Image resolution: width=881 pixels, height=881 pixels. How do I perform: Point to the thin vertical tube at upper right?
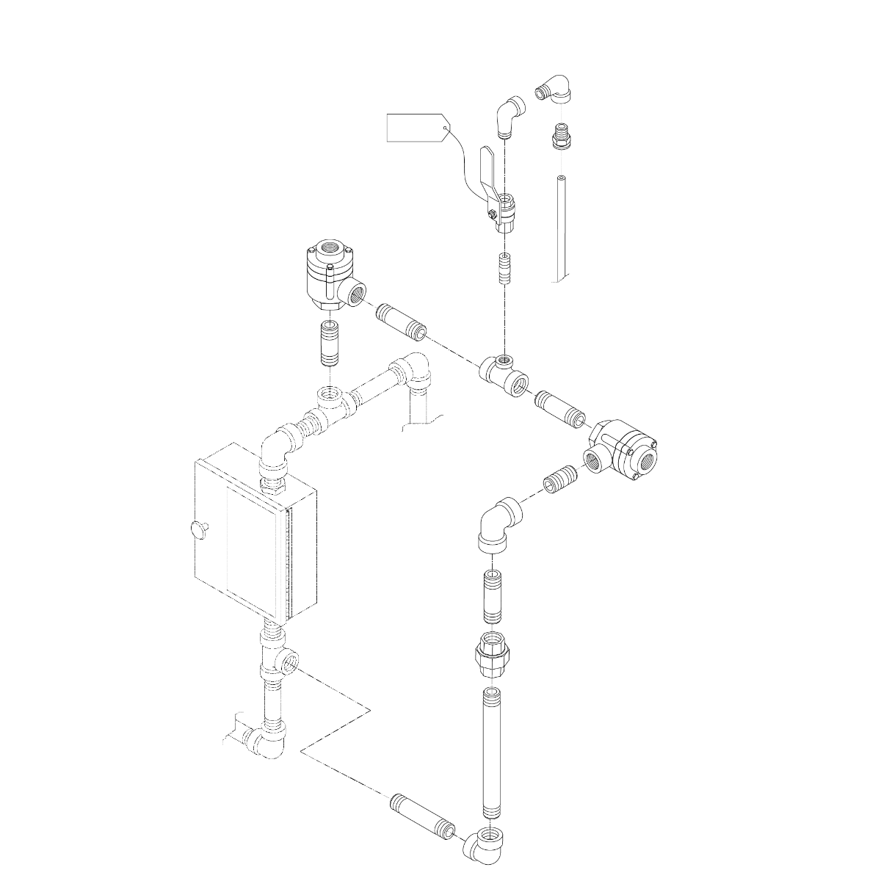[562, 228]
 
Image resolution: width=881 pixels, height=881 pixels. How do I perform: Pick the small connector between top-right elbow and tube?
[561, 137]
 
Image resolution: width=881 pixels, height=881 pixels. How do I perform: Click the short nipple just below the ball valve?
[504, 269]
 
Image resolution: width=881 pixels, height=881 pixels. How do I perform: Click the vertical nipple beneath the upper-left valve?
[330, 345]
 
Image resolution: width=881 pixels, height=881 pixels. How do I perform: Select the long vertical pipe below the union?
[491, 753]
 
